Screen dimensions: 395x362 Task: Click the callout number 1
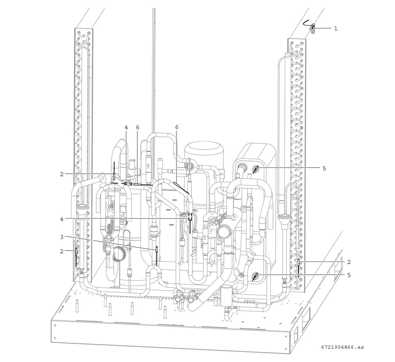click(x=335, y=29)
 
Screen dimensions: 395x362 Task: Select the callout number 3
click(x=62, y=237)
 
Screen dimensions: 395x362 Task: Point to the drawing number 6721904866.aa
click(x=342, y=347)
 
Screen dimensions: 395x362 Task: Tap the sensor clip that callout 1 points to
click(x=312, y=29)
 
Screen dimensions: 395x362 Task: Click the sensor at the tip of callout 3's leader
click(x=157, y=249)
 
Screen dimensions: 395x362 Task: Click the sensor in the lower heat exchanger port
click(x=255, y=276)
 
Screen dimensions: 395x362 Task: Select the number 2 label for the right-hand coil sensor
click(x=348, y=262)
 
